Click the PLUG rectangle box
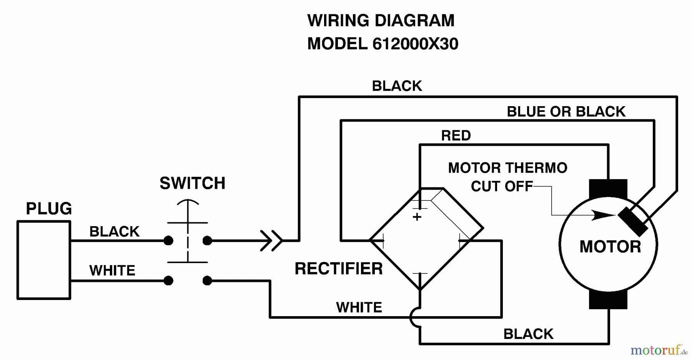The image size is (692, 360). click(x=44, y=260)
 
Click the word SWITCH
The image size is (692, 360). click(x=192, y=183)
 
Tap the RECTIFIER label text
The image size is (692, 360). click(x=338, y=268)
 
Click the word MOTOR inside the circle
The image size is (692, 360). click(x=610, y=247)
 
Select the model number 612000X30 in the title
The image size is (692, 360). click(x=415, y=44)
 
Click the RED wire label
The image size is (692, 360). click(x=456, y=135)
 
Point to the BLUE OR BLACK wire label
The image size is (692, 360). click(x=566, y=112)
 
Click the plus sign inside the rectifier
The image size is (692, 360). click(x=417, y=217)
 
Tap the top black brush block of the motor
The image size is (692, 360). click(x=608, y=188)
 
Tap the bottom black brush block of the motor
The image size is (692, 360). click(x=608, y=300)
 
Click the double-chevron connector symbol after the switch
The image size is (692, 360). click(x=271, y=241)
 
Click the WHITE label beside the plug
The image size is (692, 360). click(x=112, y=271)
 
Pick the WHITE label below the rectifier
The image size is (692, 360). click(x=359, y=307)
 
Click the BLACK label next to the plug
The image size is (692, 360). click(x=114, y=232)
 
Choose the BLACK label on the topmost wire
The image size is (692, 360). click(x=397, y=86)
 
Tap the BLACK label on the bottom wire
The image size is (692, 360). click(x=528, y=334)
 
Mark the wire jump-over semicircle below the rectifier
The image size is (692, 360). click(x=414, y=318)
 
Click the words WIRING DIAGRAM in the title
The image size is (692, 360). click(x=381, y=20)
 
